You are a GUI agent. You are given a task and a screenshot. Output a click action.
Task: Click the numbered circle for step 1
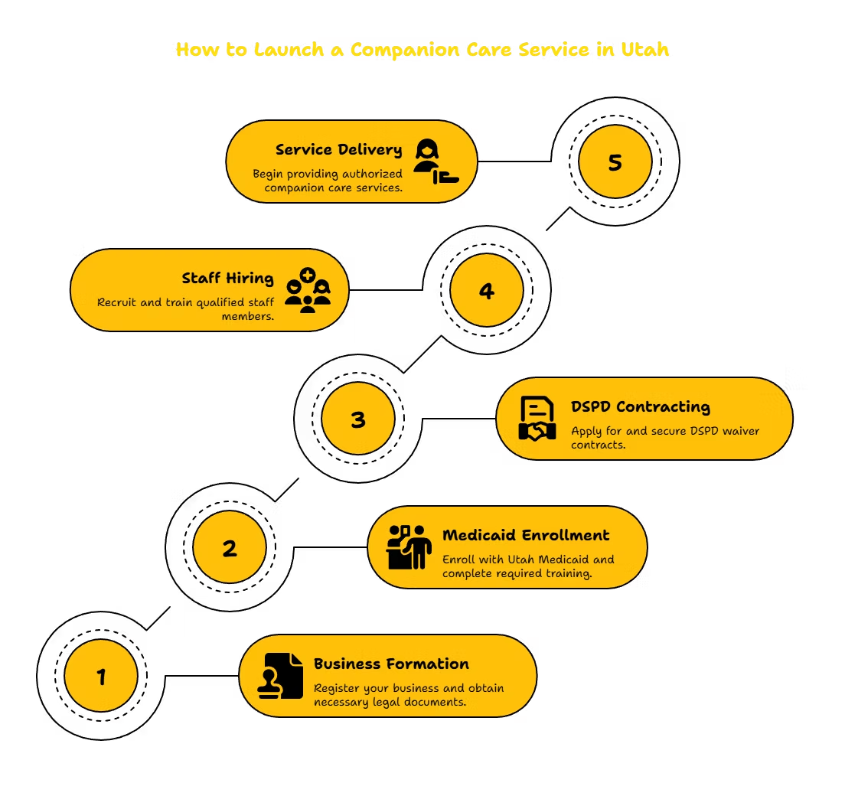coord(101,676)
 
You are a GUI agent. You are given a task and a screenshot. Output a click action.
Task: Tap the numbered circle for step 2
coord(230,547)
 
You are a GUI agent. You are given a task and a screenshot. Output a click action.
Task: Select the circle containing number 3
coord(358,418)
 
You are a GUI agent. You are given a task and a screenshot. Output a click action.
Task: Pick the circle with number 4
coord(487,290)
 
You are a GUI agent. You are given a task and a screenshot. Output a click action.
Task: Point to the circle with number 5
coord(615,161)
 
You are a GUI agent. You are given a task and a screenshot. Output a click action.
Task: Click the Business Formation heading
coord(391,664)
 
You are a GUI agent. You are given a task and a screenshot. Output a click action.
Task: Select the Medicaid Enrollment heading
coord(526,535)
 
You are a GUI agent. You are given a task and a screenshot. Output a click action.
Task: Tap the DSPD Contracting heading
coord(641,407)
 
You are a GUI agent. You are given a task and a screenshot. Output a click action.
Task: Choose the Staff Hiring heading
coord(227,279)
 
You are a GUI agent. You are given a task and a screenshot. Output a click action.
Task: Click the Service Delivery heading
coord(338,150)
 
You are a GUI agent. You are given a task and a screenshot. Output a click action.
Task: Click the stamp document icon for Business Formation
coord(280,676)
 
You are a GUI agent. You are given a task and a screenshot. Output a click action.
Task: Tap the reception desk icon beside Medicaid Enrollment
coord(409,547)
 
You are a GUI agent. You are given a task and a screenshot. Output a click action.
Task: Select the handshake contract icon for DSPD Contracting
coord(537,419)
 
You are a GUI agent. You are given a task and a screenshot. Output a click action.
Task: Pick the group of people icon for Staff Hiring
coord(308,290)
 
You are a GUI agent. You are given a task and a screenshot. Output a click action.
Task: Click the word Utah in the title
coord(645,50)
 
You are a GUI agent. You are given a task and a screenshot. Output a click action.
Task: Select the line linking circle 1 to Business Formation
coord(202,675)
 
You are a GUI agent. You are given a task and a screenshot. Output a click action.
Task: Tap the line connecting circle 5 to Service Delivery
coord(514,161)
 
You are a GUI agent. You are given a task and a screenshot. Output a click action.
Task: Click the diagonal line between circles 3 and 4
coord(422,354)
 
